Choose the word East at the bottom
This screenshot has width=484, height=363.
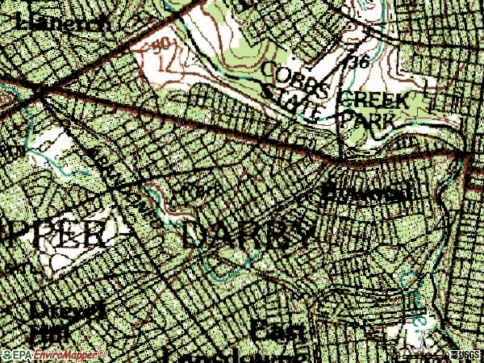pyautogui.click(x=278, y=331)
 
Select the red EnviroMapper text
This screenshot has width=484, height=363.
pyautogui.click(x=69, y=355)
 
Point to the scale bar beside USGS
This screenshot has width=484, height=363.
pyautogui.click(x=419, y=355)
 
